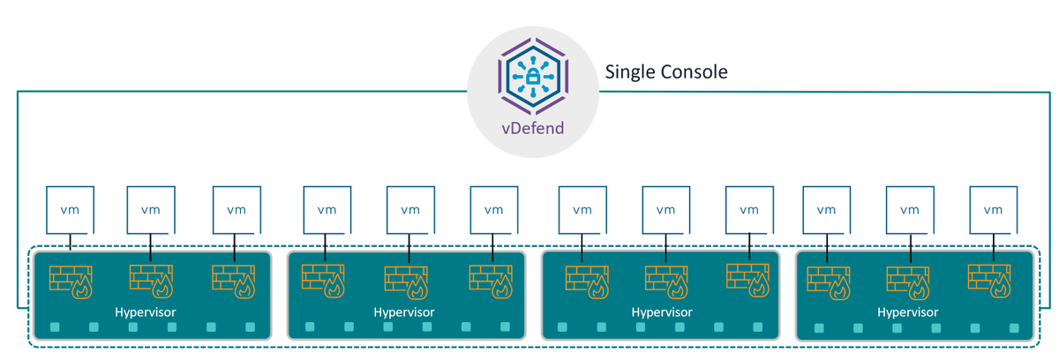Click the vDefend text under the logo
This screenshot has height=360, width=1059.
533,128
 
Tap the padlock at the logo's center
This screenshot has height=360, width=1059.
533,76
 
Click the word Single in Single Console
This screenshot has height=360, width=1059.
630,72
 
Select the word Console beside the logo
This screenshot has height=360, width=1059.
694,71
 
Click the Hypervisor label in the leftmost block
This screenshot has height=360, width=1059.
145,312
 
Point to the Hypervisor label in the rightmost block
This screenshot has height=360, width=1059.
908,312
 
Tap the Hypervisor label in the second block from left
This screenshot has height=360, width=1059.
404,312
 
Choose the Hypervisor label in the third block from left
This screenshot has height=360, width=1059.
662,312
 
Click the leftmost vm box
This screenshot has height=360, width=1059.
70,210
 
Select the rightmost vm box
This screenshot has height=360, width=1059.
994,210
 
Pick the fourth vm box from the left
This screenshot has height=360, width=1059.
327,210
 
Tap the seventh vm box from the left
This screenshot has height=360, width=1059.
582,210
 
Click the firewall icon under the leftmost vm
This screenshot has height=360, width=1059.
71,282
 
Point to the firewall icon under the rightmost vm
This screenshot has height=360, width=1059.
989,281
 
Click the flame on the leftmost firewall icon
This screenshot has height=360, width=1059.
82,288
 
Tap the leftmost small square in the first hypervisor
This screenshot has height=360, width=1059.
55,327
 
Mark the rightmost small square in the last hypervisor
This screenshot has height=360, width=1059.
1014,328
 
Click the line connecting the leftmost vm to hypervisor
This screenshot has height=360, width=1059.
71,242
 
